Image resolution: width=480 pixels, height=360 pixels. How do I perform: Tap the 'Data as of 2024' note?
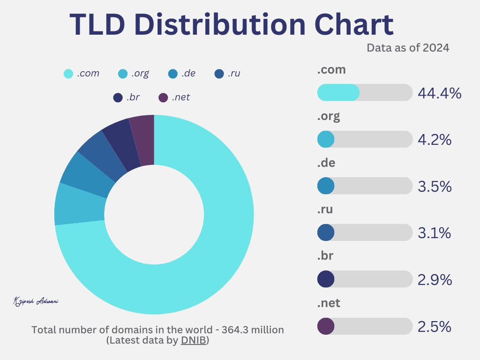(x=408, y=48)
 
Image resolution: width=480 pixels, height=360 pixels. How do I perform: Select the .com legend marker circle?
(x=68, y=74)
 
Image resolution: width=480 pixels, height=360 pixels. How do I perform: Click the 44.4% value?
(x=440, y=93)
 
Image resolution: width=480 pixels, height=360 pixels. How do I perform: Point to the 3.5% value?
(x=435, y=187)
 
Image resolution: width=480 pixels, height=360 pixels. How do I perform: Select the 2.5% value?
(x=435, y=327)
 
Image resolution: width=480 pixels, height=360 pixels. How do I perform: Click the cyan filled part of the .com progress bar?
(x=338, y=92)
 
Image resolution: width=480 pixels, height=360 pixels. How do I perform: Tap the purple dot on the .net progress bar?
(x=326, y=326)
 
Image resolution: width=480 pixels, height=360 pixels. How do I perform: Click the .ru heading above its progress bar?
(x=325, y=210)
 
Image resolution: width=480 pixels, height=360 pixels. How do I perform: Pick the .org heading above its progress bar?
(x=328, y=116)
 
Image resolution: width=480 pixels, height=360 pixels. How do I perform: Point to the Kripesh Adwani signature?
(x=36, y=301)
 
